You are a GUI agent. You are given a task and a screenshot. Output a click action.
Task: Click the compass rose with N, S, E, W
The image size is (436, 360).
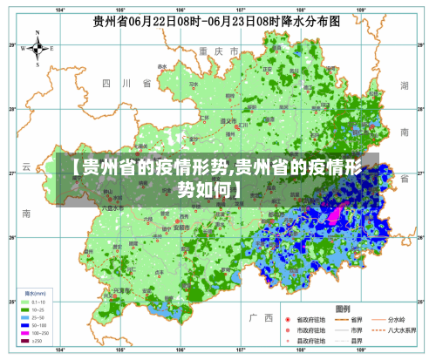point(37,49)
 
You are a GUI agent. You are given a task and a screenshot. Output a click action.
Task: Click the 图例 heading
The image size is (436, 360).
point(342,309)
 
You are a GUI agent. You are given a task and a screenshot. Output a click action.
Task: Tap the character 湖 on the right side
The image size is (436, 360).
point(404,85)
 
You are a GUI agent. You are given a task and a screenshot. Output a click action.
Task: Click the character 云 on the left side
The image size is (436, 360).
point(27,166)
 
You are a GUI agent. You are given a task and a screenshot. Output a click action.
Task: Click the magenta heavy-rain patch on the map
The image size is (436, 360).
point(336,212)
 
